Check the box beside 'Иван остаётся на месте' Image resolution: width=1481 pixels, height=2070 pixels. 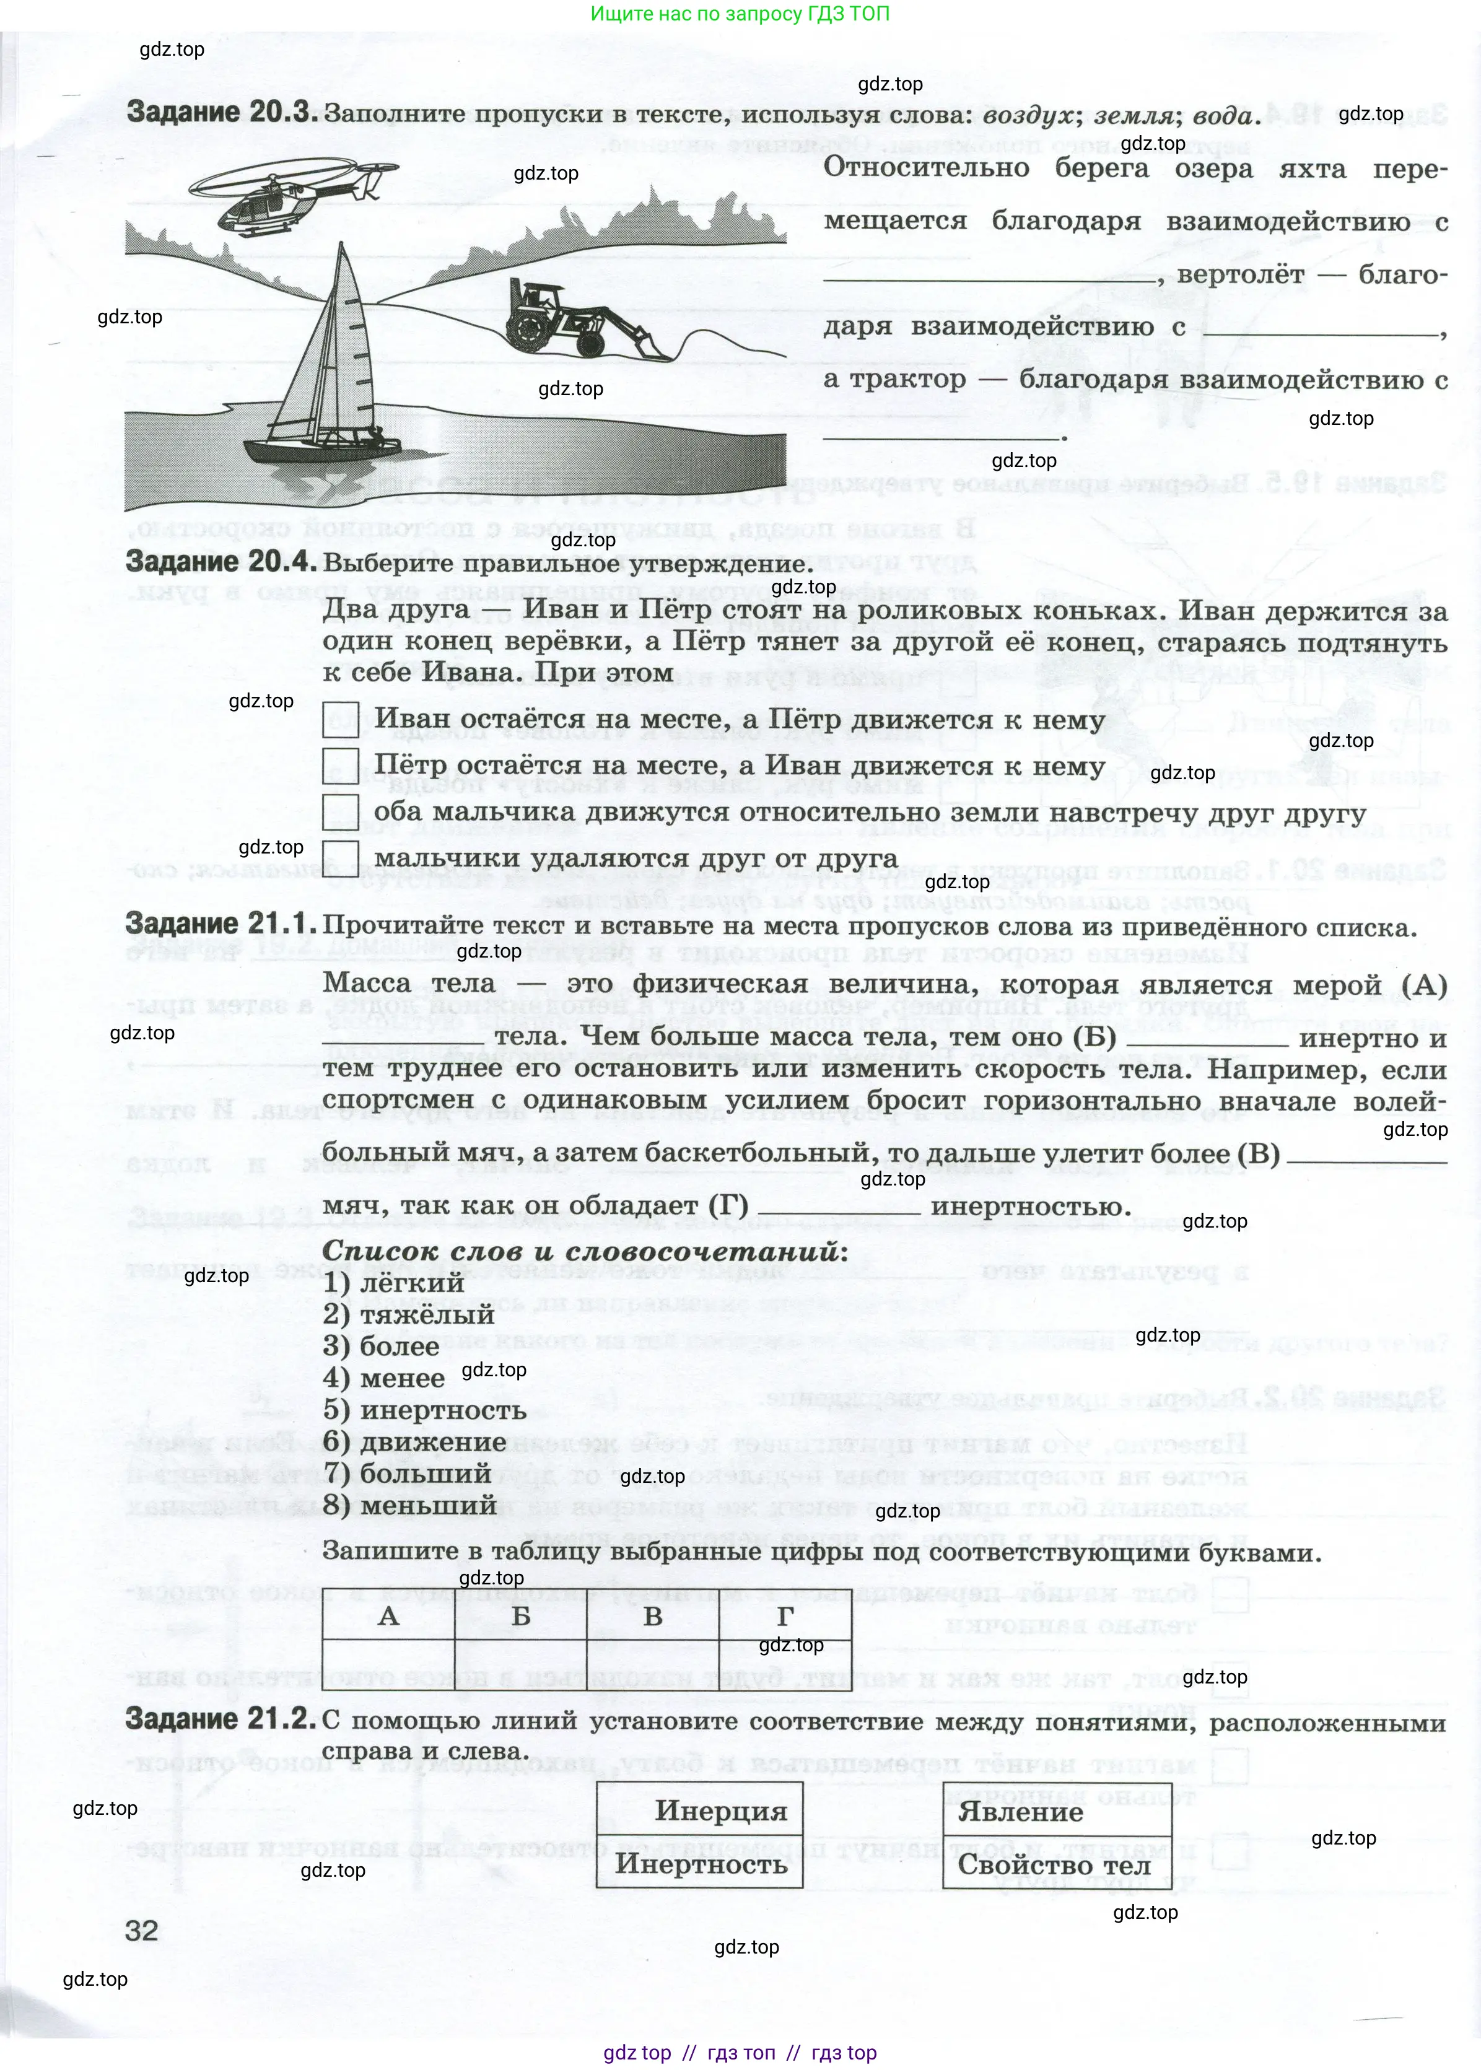tap(340, 720)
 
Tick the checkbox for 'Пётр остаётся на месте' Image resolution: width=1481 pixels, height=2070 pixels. tap(340, 766)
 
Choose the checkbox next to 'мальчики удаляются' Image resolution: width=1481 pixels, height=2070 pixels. tap(340, 858)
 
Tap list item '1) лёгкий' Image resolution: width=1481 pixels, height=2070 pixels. tap(394, 1283)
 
